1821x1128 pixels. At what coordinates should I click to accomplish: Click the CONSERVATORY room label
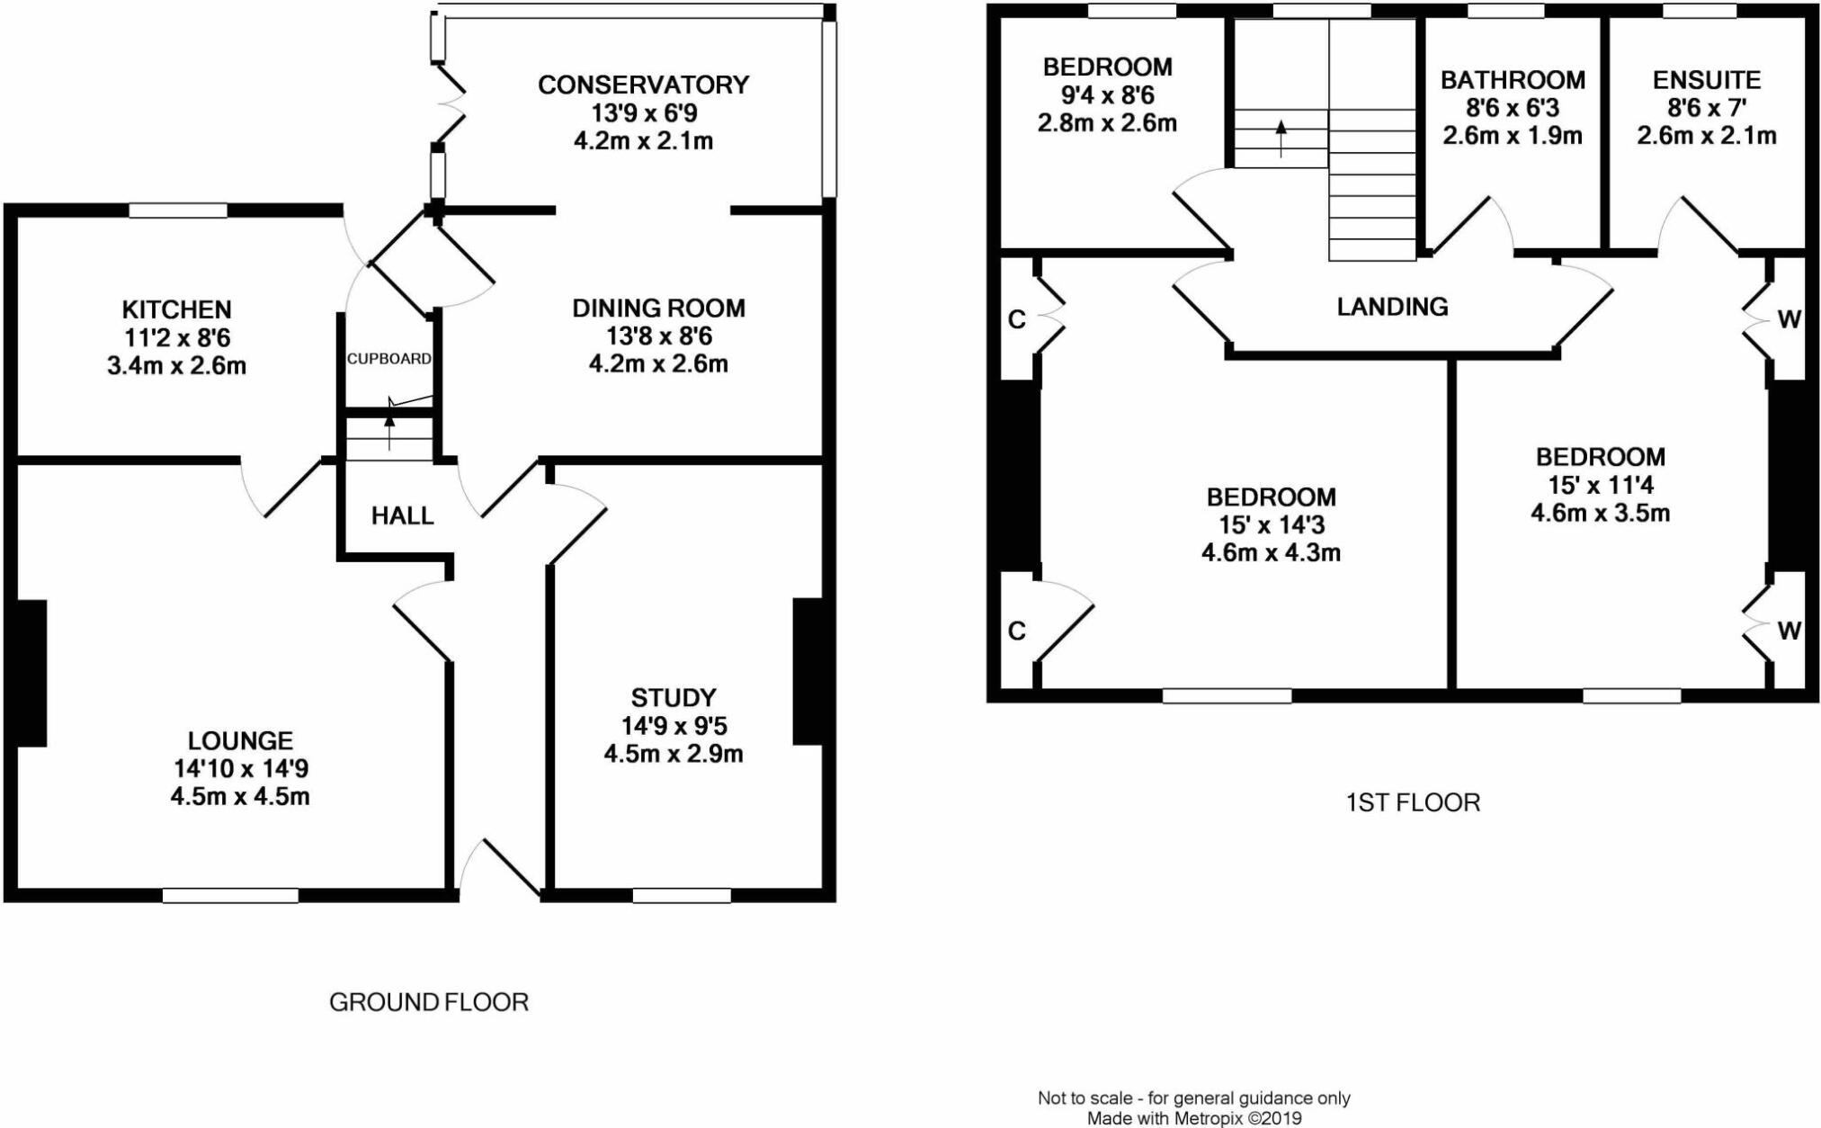coord(643,85)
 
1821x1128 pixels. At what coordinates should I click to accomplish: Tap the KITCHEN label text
coord(176,309)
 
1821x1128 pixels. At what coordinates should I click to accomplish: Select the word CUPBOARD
coord(389,358)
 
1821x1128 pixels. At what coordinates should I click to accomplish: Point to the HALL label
coord(402,515)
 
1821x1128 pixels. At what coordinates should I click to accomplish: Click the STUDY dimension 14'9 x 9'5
coord(673,726)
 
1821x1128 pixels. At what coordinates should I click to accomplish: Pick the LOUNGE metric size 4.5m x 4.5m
coord(240,797)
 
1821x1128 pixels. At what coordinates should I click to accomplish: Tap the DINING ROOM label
coord(658,309)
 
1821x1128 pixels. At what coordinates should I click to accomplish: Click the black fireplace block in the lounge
coord(31,673)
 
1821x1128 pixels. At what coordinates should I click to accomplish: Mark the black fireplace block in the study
coord(808,672)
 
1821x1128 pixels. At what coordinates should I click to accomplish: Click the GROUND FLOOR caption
coord(429,1002)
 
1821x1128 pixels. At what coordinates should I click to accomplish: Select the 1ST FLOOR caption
coord(1413,802)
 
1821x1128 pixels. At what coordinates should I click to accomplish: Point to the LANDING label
coord(1392,307)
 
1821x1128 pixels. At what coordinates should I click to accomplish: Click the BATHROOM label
coord(1513,80)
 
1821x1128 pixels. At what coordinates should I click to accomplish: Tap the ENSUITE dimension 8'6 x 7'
coord(1707,108)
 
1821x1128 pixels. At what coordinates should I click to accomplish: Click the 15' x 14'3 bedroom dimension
coord(1271,525)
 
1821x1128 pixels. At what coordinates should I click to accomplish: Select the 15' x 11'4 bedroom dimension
coord(1600,486)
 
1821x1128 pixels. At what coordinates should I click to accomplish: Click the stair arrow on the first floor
coord(1281,139)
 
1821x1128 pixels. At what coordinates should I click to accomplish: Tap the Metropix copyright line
coord(1194,1119)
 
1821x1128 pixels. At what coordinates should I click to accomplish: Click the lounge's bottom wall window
coord(230,895)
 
